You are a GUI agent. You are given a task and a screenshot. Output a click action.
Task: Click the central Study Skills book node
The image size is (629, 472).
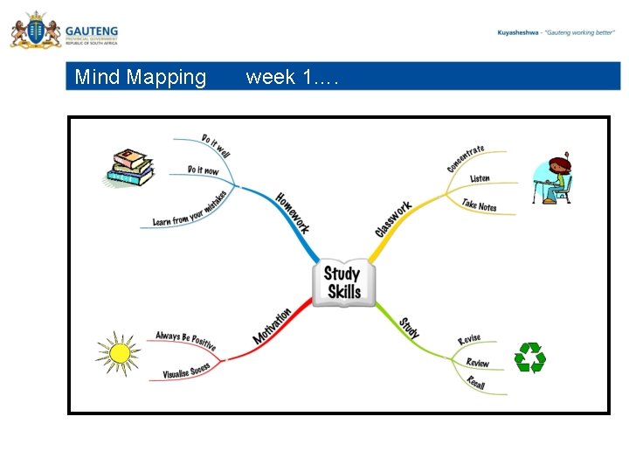click(342, 282)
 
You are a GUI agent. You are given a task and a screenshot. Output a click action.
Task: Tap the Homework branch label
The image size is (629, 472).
click(293, 212)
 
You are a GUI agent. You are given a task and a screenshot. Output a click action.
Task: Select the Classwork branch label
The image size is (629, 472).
click(393, 219)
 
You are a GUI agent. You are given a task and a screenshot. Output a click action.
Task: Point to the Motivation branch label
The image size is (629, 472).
click(272, 326)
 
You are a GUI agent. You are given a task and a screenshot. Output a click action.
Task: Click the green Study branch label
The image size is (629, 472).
click(410, 328)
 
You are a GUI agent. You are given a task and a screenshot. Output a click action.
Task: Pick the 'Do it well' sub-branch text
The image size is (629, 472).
click(216, 145)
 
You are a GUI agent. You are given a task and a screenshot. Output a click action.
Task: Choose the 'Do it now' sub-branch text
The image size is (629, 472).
click(203, 170)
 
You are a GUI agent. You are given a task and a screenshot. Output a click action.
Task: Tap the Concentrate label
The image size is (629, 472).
click(466, 158)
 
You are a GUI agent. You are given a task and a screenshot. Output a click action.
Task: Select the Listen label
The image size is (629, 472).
click(480, 178)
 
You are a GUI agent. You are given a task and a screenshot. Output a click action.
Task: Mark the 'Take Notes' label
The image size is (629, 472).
click(479, 205)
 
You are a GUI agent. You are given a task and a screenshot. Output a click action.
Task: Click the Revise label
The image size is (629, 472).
click(469, 339)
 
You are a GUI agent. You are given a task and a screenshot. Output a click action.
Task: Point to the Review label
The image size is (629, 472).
click(477, 362)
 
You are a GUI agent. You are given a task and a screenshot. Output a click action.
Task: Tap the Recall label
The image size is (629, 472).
click(475, 382)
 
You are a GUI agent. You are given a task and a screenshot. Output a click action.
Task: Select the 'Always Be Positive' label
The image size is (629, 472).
click(185, 340)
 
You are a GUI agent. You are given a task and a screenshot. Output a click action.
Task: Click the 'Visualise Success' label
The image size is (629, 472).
click(186, 371)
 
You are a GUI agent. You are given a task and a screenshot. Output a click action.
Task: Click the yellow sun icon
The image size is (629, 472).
click(118, 353)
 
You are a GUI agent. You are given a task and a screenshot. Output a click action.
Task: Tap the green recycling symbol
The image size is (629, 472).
click(529, 357)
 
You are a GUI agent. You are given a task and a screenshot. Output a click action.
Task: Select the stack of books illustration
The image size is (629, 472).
click(129, 168)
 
